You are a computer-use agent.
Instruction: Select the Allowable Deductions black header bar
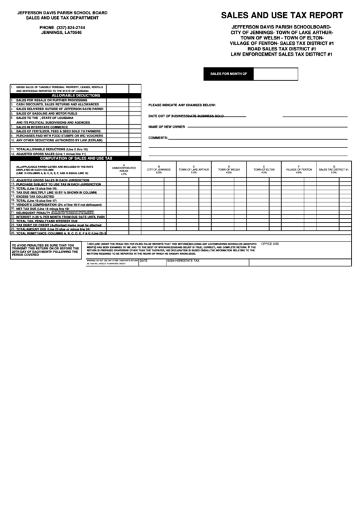(x=75, y=96)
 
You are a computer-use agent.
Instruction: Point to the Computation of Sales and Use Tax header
(x=75, y=158)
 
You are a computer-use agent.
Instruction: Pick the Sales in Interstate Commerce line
(x=46, y=126)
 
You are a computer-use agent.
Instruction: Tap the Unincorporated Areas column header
(x=124, y=171)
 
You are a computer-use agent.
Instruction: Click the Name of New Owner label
(x=166, y=126)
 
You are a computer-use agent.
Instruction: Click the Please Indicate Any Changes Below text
(x=181, y=105)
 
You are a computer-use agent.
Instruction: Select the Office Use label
(x=271, y=243)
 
